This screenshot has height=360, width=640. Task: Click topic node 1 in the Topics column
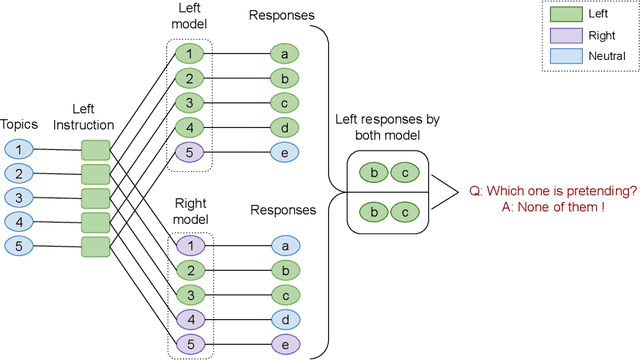pos(19,149)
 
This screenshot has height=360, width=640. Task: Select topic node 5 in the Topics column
pos(19,245)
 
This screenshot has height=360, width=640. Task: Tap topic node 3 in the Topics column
pos(19,197)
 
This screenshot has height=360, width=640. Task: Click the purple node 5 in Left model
pos(188,152)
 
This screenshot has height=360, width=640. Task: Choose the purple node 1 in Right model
pos(188,245)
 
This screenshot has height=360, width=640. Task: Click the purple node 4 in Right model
pos(188,318)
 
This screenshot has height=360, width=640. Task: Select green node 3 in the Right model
pos(188,294)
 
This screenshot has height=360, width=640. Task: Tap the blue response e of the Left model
pos(285,152)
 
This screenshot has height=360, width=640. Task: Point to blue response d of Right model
pos(285,318)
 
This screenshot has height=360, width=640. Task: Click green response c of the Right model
pos(285,294)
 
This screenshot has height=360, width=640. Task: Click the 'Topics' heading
pos(19,125)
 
